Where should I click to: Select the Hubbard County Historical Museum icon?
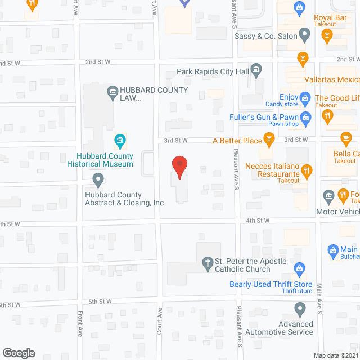119,139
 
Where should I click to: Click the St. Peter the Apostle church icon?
206,262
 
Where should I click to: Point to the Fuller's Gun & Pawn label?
264,117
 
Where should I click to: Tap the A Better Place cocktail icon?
269,139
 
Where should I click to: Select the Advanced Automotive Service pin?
300,309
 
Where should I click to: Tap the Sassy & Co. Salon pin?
304,35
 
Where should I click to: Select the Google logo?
18,353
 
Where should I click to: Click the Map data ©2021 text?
336,355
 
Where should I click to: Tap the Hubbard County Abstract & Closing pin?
98,180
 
